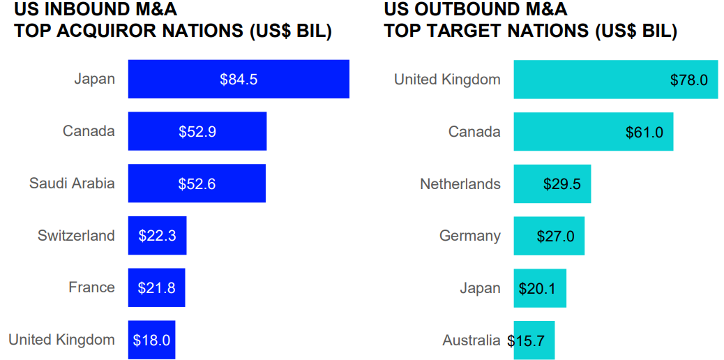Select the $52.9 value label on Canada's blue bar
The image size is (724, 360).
(x=197, y=132)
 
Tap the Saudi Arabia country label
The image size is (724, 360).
(x=72, y=183)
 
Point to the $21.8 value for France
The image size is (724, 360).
(x=157, y=287)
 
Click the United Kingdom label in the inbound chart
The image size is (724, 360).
(x=61, y=340)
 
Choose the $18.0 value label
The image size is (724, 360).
(x=151, y=340)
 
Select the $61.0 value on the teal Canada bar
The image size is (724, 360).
(x=644, y=133)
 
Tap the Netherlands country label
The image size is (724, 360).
(x=460, y=184)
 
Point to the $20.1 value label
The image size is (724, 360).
(x=537, y=289)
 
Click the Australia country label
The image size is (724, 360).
(x=471, y=340)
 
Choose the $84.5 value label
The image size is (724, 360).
(x=239, y=80)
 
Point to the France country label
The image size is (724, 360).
(x=91, y=287)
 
